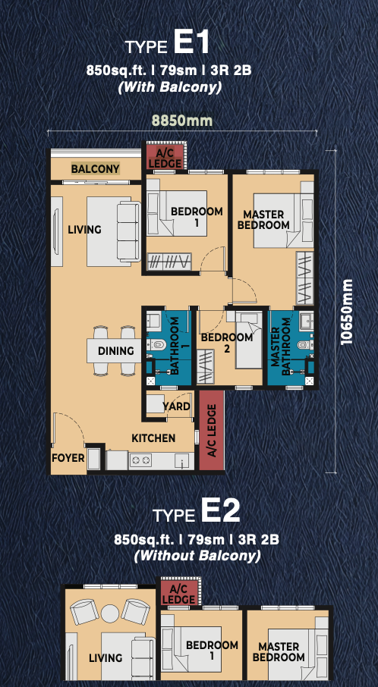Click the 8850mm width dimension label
[x=182, y=120]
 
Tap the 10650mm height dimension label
[x=347, y=312]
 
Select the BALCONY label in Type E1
[x=95, y=168]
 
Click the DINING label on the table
[x=116, y=350]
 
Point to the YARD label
[x=176, y=406]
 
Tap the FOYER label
[x=68, y=458]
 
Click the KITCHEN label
[x=153, y=438]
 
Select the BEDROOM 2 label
[x=227, y=343]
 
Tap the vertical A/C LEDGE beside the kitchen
[x=212, y=431]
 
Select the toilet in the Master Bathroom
[x=304, y=344]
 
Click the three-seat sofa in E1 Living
[x=129, y=232]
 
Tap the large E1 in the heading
[x=191, y=43]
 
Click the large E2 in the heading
[x=220, y=511]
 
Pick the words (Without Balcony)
[x=197, y=556]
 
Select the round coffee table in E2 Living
[x=109, y=612]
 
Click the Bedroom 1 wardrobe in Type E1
[x=169, y=262]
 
